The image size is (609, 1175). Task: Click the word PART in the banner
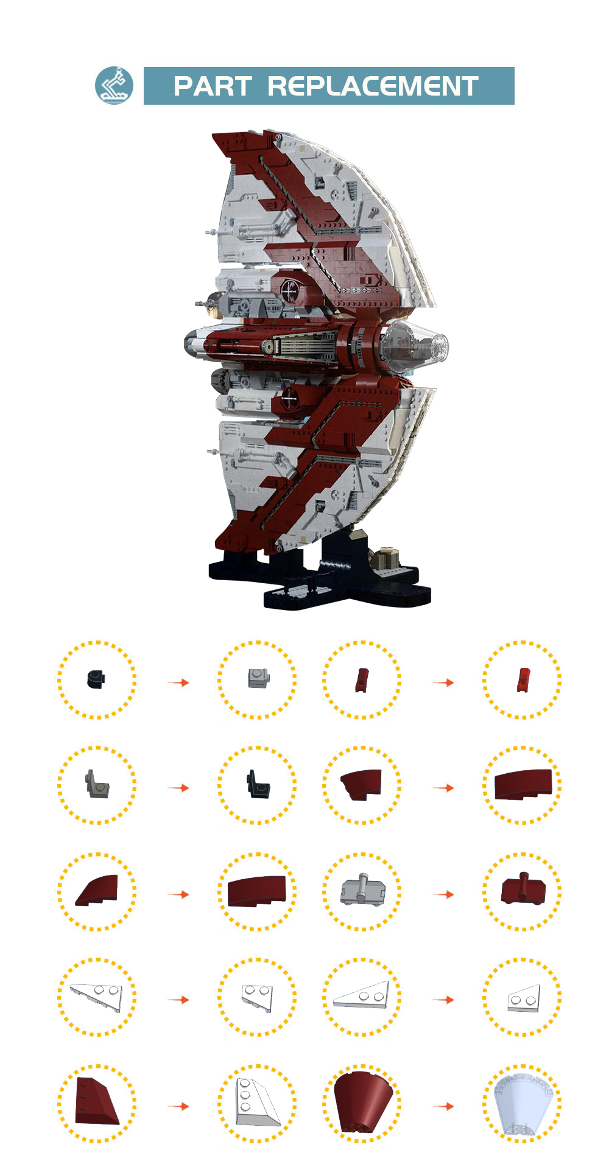[x=213, y=86]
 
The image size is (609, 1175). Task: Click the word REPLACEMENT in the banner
[x=373, y=86]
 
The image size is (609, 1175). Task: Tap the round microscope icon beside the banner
[x=114, y=85]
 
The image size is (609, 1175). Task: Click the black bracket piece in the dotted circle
[x=258, y=784]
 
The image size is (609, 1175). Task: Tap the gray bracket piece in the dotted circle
[x=97, y=784]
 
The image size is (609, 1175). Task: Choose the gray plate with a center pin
[x=362, y=891]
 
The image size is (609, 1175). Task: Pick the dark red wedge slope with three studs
[x=96, y=1102]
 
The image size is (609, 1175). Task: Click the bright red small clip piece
[x=523, y=679]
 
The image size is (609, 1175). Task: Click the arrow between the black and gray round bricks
[x=178, y=682]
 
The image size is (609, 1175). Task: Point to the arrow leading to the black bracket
[x=178, y=788]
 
